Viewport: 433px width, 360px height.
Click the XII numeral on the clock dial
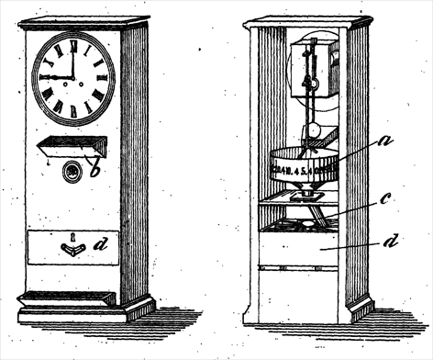tap(73, 42)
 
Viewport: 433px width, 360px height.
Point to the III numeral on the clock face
tap(109, 78)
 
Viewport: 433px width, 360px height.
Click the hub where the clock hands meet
tap(74, 78)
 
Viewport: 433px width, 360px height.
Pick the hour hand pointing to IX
tap(61, 78)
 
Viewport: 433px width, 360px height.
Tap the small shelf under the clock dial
tap(72, 145)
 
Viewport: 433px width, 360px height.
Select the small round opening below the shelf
tap(72, 172)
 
